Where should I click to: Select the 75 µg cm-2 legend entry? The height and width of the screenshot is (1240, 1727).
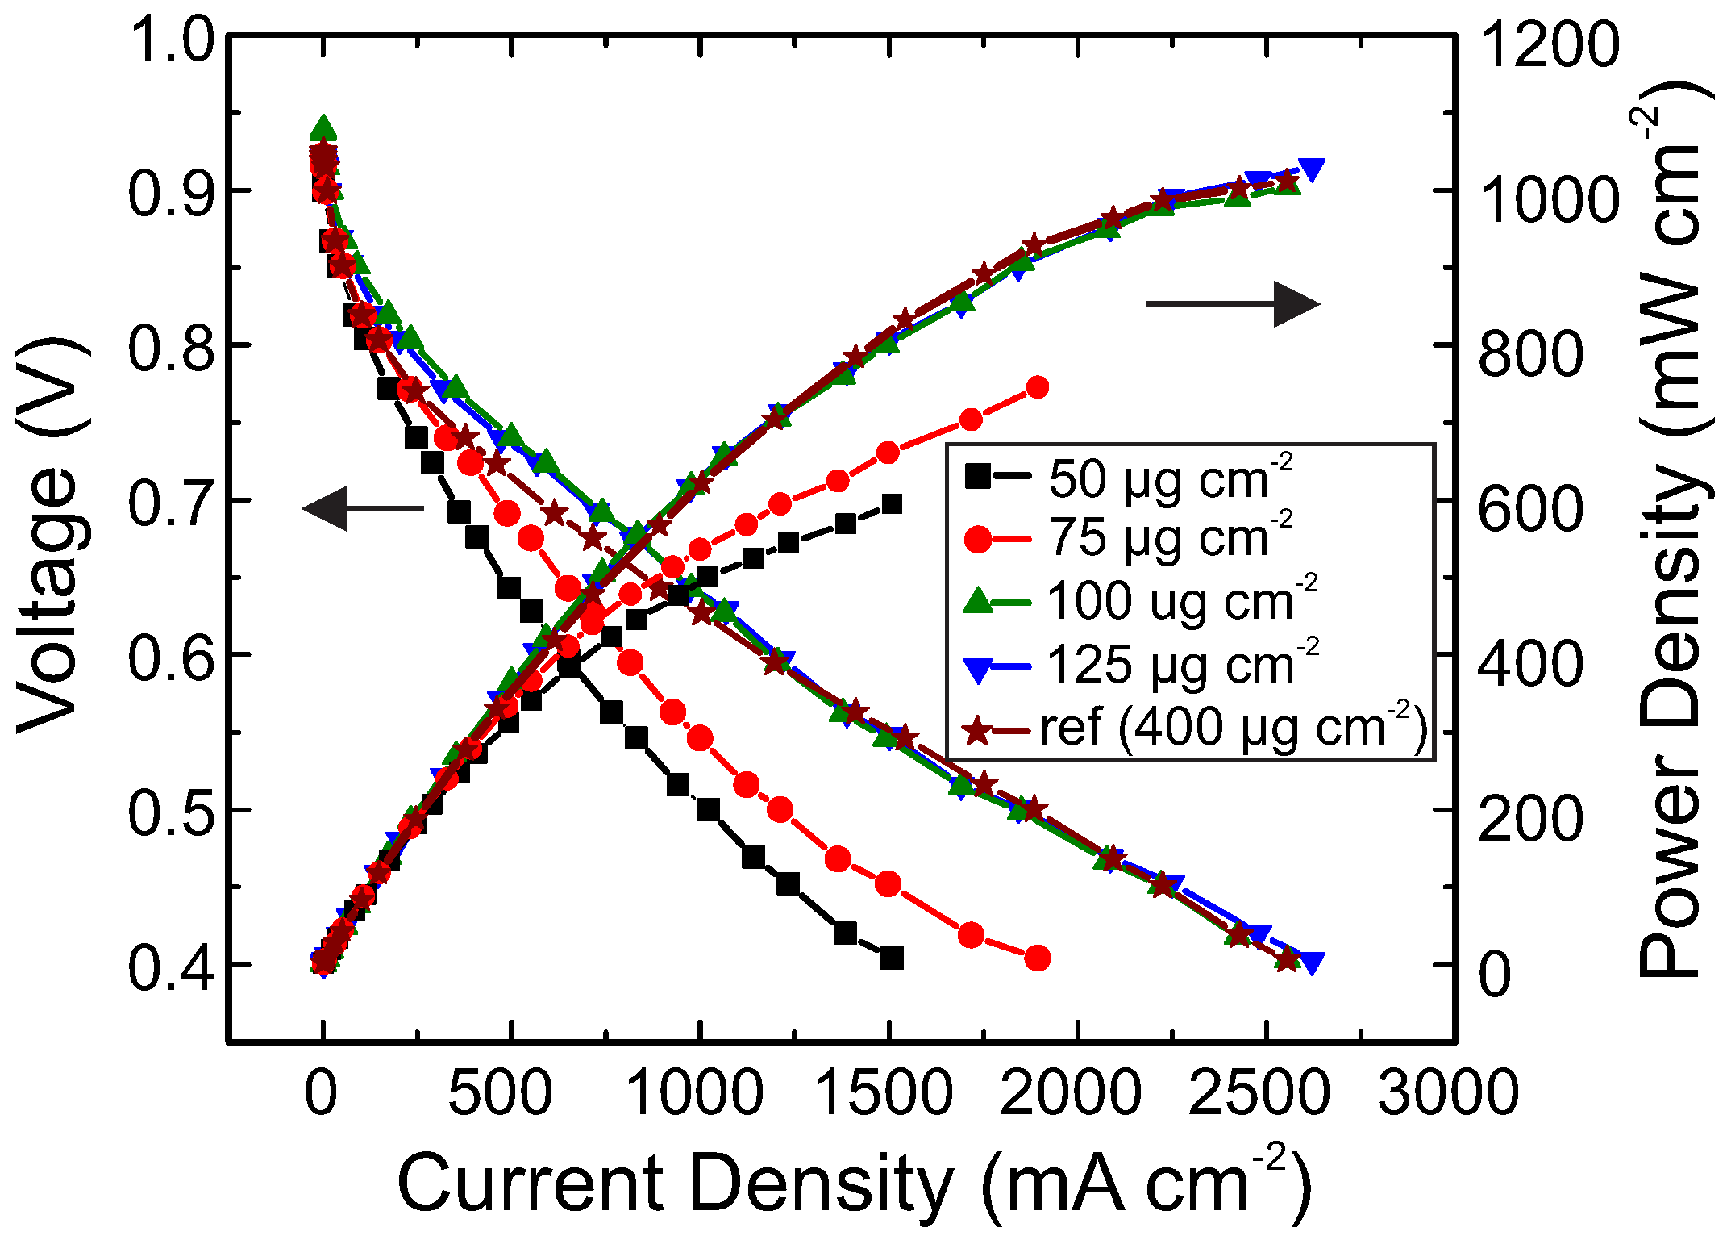(1129, 537)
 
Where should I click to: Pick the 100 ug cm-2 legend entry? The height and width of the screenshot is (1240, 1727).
(1141, 602)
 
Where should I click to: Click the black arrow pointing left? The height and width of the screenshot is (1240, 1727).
(363, 508)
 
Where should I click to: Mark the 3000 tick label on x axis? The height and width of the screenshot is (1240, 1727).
(1448, 1093)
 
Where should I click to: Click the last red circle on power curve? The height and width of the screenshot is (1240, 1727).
(1038, 388)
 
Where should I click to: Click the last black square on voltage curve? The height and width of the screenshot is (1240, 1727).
(891, 958)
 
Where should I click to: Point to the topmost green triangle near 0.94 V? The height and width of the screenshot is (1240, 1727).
(323, 127)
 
